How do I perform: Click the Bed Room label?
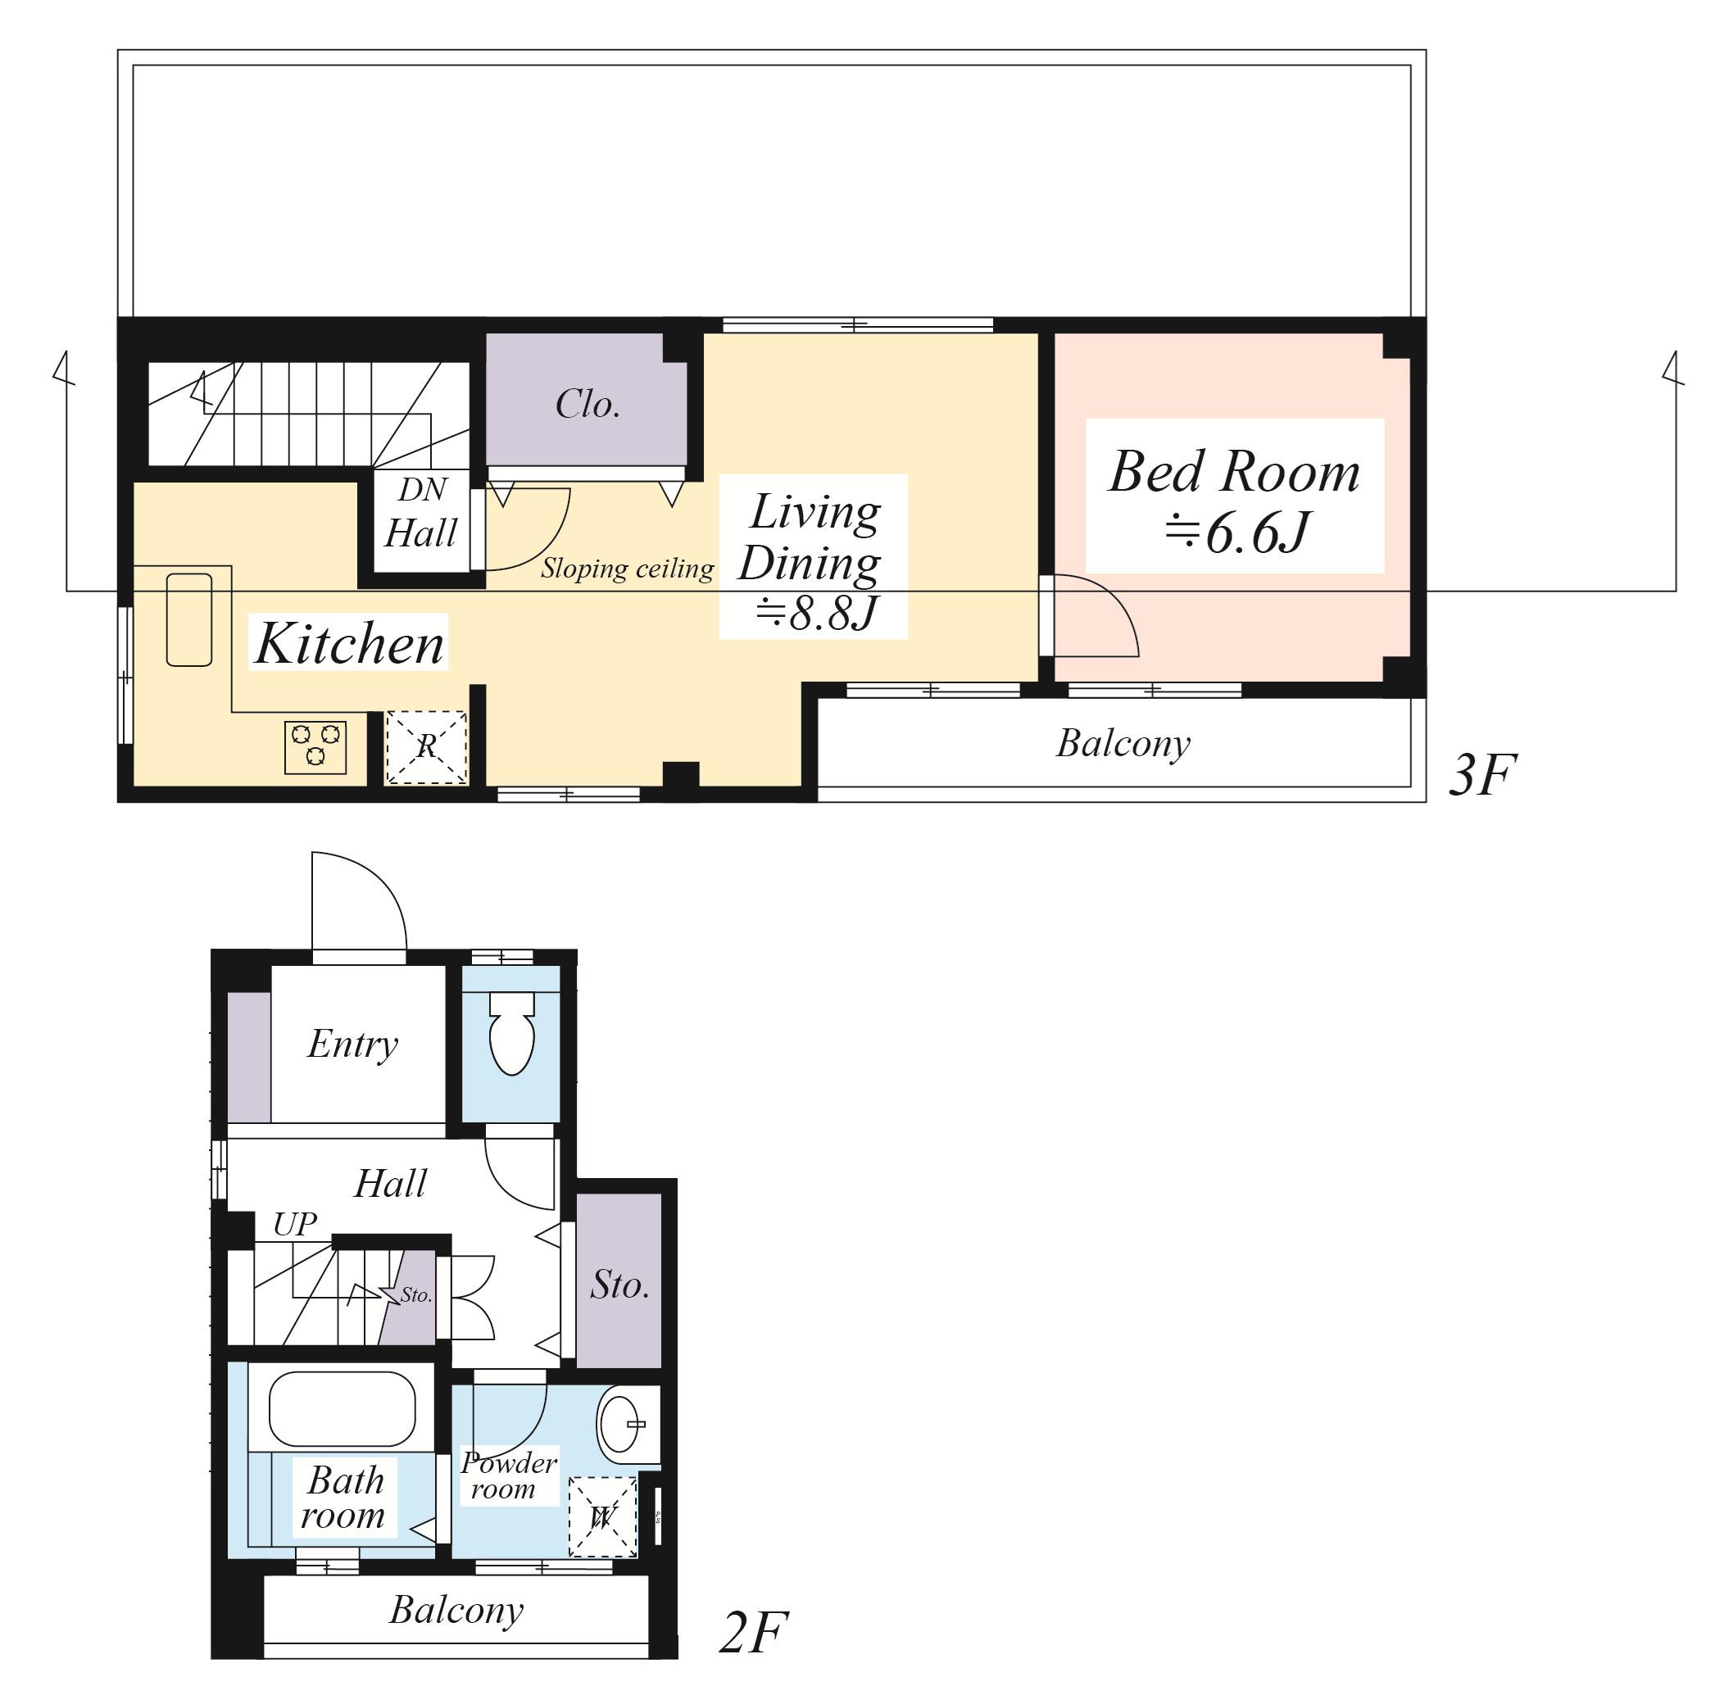(x=1234, y=472)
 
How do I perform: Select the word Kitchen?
(x=349, y=643)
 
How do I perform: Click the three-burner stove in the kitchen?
(x=315, y=746)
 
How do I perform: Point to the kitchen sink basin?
(x=188, y=619)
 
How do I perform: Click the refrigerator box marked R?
(x=426, y=747)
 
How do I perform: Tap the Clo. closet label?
(x=587, y=405)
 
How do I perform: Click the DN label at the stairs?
(x=422, y=490)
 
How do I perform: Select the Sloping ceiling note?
(x=627, y=569)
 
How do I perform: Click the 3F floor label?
(x=1483, y=775)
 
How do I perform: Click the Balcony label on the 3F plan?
(x=1123, y=743)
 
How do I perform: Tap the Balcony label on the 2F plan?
(x=456, y=1610)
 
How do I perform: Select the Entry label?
(x=352, y=1045)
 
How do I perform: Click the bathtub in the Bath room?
(x=342, y=1409)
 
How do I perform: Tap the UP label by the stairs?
(x=295, y=1224)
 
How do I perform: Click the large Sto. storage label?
(x=619, y=1285)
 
